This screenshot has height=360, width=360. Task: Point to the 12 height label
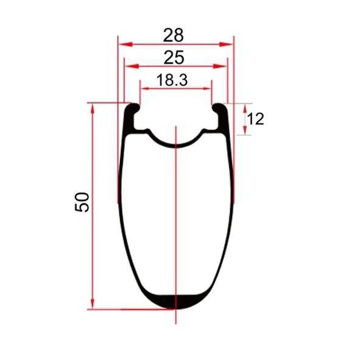[255, 119]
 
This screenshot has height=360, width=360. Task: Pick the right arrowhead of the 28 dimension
[229, 44]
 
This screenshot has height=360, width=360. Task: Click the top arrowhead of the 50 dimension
[93, 107]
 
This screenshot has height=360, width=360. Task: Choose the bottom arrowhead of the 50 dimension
[93, 304]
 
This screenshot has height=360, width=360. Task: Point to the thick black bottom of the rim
[175, 300]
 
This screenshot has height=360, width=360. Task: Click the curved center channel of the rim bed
[175, 144]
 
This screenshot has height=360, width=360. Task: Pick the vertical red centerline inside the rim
[175, 219]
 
